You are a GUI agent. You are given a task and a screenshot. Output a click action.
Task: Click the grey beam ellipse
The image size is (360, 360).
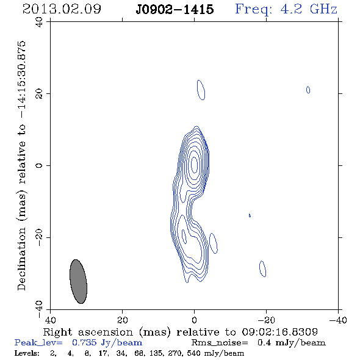78,281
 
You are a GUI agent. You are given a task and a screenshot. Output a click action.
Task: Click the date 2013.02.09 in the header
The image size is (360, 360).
62,9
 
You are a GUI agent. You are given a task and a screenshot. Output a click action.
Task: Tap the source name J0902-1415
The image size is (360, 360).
175,9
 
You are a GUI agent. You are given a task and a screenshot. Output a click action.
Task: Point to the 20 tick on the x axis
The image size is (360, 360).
123,320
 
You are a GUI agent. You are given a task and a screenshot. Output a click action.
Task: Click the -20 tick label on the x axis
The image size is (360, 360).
266,320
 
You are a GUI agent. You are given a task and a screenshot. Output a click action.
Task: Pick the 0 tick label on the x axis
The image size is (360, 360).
195,320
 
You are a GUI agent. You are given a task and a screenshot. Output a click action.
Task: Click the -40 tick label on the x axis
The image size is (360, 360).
338,320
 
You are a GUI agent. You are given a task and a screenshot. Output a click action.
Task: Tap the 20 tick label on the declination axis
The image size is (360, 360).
39,94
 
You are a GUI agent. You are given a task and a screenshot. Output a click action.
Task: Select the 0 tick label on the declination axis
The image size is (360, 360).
39,165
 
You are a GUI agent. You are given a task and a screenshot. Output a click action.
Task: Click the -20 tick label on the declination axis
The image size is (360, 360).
39,237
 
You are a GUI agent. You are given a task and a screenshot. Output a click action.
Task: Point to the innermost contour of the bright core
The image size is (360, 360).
195,165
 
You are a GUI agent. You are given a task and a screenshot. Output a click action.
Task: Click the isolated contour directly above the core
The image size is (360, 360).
201,90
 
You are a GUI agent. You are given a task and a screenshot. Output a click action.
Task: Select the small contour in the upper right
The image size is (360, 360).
308,90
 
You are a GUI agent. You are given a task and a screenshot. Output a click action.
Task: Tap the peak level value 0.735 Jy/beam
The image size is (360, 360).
107,343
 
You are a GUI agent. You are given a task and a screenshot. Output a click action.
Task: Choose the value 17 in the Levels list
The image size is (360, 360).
103,353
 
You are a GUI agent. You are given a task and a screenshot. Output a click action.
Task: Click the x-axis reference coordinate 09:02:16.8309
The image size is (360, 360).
279,332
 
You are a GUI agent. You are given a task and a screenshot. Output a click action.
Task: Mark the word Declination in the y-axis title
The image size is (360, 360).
21,259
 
